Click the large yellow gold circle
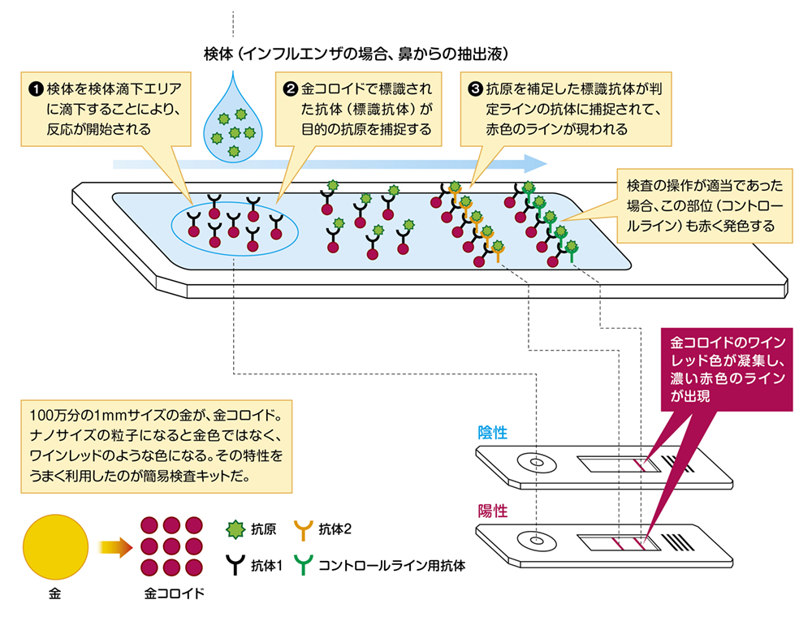tap(55, 548)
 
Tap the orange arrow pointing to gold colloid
tap(114, 548)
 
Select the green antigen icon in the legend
tap(235, 530)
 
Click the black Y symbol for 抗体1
tap(235, 563)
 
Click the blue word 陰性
tap(493, 434)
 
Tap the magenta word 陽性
tap(493, 511)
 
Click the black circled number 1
tap(36, 88)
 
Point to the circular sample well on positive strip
tap(537, 540)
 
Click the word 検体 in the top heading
tap(218, 54)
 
